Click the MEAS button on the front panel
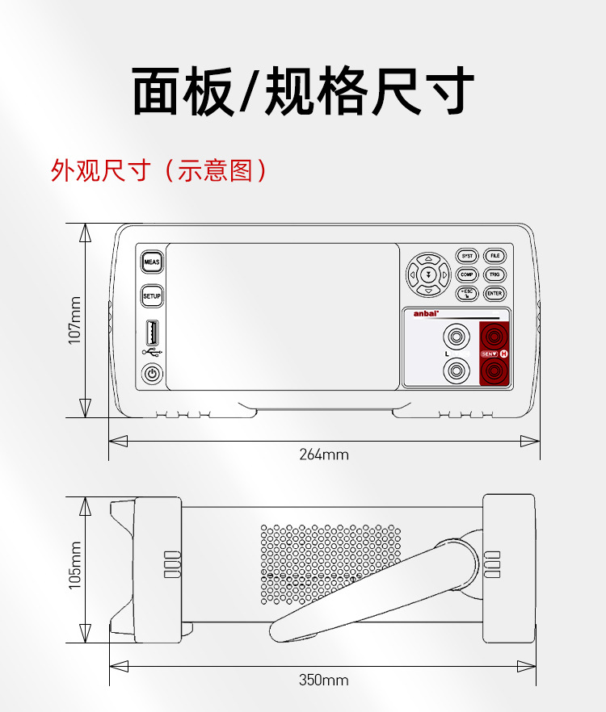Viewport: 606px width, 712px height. (152, 262)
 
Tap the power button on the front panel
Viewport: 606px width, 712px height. (152, 374)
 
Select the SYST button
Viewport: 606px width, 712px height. (467, 256)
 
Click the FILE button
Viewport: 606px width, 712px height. (495, 256)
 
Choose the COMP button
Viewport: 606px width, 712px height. (467, 275)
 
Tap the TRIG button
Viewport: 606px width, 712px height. (495, 275)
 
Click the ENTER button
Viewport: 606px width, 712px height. (495, 295)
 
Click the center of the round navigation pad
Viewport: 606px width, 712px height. (428, 274)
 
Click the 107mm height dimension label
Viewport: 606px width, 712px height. (75, 320)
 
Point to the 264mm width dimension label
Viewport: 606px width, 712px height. (324, 454)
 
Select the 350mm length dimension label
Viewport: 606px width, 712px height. (324, 680)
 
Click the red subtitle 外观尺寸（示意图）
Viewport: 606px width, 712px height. (158, 170)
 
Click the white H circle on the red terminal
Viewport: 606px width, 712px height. (504, 354)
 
